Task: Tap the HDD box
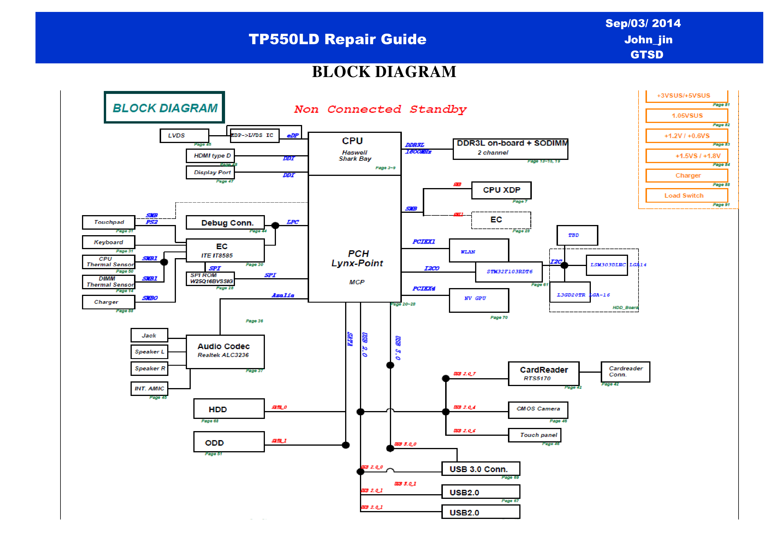(x=229, y=409)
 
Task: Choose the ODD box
(x=229, y=442)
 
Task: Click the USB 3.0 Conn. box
(x=480, y=469)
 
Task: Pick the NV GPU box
(x=479, y=300)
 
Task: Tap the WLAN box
(x=479, y=250)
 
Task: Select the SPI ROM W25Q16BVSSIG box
(x=210, y=278)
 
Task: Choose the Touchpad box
(x=109, y=222)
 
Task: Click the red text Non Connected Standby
(x=380, y=109)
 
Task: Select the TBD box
(x=577, y=235)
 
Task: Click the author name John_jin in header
(x=648, y=40)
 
